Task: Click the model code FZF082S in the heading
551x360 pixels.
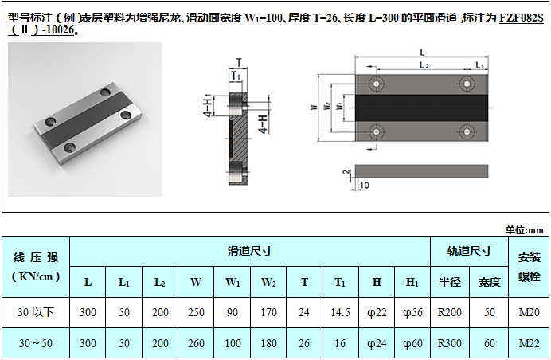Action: click(x=521, y=18)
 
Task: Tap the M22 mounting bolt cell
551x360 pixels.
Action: click(x=529, y=343)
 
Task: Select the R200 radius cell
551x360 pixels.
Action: click(x=449, y=312)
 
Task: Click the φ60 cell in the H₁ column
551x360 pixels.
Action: click(x=412, y=343)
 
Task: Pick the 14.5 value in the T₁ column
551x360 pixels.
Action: click(x=340, y=312)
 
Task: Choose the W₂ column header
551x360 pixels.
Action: click(x=268, y=282)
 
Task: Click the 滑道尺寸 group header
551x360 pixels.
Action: click(x=249, y=251)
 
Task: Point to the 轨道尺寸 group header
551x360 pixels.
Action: click(x=469, y=251)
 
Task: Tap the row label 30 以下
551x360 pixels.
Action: click(x=36, y=312)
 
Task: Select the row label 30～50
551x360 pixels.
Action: click(x=36, y=343)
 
